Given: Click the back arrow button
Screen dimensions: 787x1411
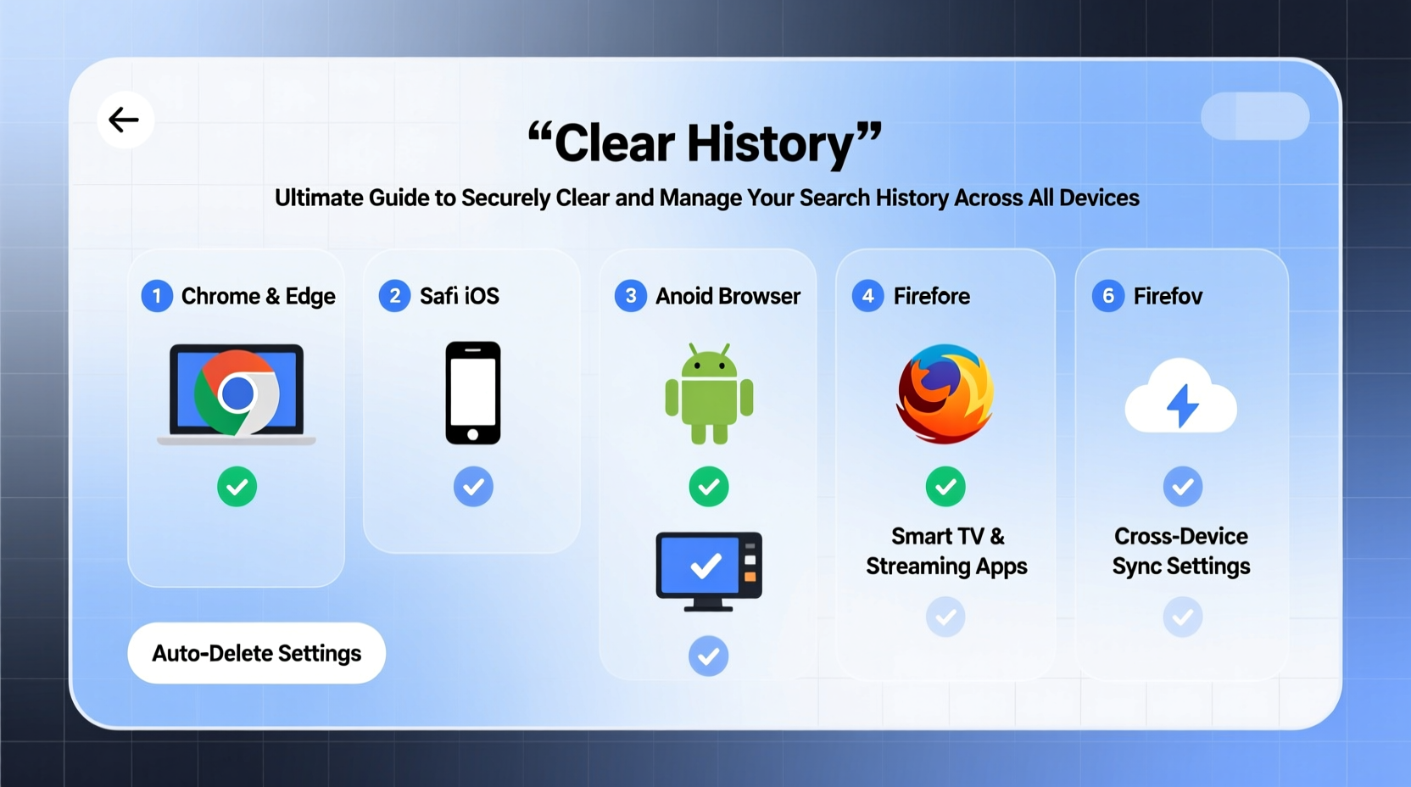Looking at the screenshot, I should click(x=125, y=120).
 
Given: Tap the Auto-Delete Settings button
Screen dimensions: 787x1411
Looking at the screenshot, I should click(x=256, y=653).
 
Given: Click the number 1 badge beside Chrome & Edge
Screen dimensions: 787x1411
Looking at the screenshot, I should click(x=157, y=296).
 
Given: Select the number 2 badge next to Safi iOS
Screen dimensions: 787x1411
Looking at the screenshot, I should click(x=394, y=296).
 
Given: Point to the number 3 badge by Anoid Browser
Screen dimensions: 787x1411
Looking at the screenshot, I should click(x=630, y=296).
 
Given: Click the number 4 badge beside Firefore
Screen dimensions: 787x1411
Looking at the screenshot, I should click(x=867, y=296).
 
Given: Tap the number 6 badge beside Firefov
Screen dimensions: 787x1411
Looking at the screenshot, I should click(x=1107, y=296).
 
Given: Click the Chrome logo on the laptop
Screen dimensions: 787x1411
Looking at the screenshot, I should click(x=237, y=393).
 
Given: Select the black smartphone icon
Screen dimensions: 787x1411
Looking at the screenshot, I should click(x=473, y=393).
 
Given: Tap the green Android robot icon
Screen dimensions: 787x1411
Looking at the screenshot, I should click(x=709, y=393).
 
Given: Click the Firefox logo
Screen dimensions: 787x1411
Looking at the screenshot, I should click(x=945, y=393).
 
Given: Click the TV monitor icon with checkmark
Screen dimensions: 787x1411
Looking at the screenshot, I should click(x=709, y=570).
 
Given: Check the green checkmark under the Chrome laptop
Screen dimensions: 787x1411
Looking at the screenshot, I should click(x=237, y=487).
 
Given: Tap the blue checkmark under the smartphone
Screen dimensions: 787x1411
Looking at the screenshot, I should click(x=473, y=487).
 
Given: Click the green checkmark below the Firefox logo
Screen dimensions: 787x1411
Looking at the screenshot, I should click(x=945, y=487).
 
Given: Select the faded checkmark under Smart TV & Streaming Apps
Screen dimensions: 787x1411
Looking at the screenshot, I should click(x=945, y=617).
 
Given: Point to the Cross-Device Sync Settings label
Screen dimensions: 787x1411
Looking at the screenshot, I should click(x=1181, y=551).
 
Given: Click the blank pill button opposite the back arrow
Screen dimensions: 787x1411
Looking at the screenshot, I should click(x=1255, y=116).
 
